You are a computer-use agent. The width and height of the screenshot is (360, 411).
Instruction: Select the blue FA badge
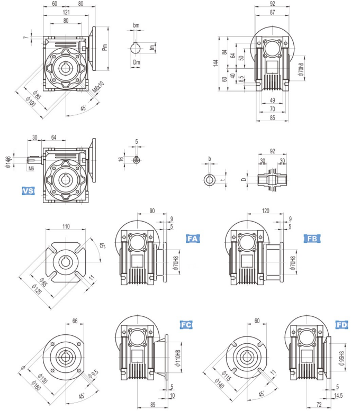193,239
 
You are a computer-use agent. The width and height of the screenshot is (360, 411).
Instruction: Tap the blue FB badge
312,239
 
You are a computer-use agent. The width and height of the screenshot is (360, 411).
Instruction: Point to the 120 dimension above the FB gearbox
266,211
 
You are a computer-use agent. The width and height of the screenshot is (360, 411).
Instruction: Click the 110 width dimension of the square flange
66,226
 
